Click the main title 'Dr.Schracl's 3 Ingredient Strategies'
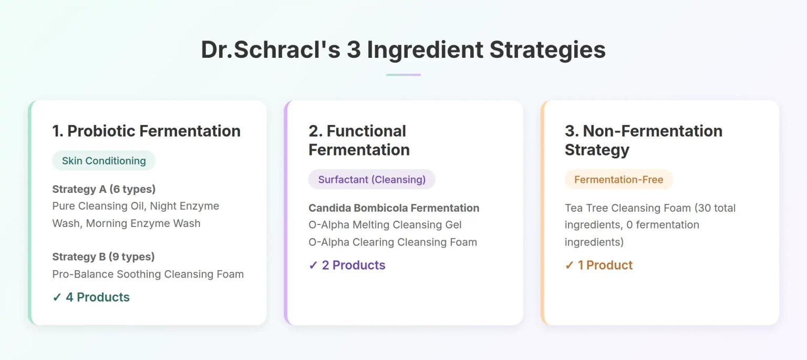pyautogui.click(x=403, y=50)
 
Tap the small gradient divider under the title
pyautogui.click(x=403, y=75)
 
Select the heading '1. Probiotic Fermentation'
pyautogui.click(x=146, y=131)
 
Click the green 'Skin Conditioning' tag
pyautogui.click(x=104, y=161)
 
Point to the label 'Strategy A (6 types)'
pyautogui.click(x=104, y=189)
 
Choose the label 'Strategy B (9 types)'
pyautogui.click(x=103, y=257)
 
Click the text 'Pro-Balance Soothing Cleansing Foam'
pyautogui.click(x=148, y=274)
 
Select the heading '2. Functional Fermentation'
pyautogui.click(x=359, y=140)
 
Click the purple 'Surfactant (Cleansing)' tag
pyautogui.click(x=371, y=180)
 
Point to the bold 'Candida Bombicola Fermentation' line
pyautogui.click(x=394, y=208)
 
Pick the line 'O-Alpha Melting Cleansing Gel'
pyautogui.click(x=385, y=225)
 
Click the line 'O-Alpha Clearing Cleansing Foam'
pyautogui.click(x=392, y=242)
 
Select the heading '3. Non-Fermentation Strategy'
pyautogui.click(x=643, y=140)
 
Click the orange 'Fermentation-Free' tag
pyautogui.click(x=618, y=180)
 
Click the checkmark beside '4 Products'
pyautogui.click(x=57, y=297)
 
